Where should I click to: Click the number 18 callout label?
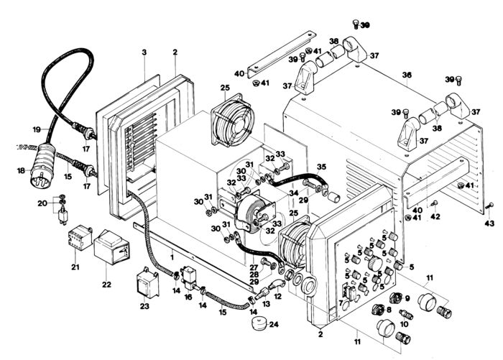(x=21, y=170)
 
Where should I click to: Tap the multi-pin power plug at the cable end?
(x=42, y=166)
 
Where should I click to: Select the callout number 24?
(x=274, y=324)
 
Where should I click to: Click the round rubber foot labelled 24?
(x=259, y=323)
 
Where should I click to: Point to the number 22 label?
(x=106, y=285)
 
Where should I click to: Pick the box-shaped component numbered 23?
(x=148, y=285)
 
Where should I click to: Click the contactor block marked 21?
(x=80, y=237)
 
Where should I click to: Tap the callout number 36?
(x=407, y=75)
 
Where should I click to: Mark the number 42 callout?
(x=435, y=216)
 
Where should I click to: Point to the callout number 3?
(x=144, y=52)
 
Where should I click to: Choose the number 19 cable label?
(x=37, y=129)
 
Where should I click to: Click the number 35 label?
(x=321, y=167)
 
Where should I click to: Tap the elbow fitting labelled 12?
(x=275, y=285)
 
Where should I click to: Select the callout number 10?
(x=404, y=324)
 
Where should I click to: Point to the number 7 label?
(x=341, y=303)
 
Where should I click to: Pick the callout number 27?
(x=254, y=267)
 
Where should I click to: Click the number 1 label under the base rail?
(x=172, y=257)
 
